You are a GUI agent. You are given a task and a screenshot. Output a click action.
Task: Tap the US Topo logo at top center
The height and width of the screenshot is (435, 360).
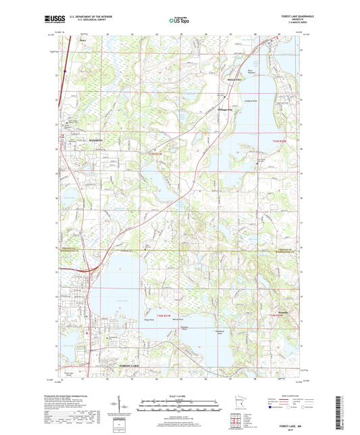point(180,20)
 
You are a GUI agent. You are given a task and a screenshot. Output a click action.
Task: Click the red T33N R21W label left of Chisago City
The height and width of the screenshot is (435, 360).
point(155,154)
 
